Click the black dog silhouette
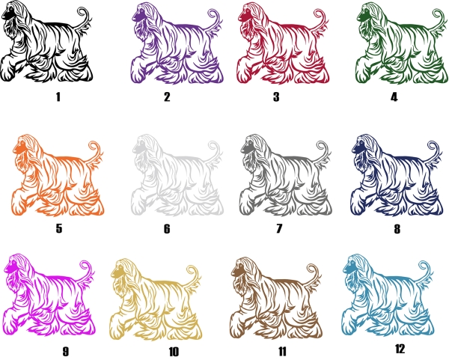point(46,43)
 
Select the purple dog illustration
point(177,44)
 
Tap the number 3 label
point(276,97)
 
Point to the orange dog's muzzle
point(18,149)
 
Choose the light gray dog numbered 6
point(177,176)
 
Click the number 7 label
point(279,228)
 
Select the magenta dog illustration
point(49,296)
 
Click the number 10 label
point(174,352)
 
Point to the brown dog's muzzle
point(236,271)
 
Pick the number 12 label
point(400,349)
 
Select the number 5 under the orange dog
point(58,228)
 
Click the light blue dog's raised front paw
point(349,322)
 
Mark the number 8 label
point(397,229)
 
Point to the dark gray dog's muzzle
point(246,148)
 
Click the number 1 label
point(58,97)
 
